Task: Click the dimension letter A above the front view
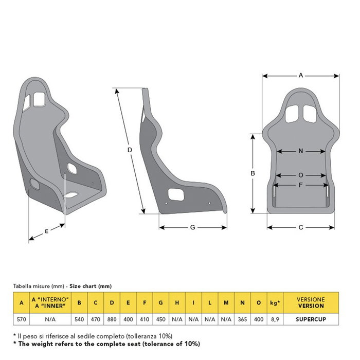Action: point(301,75)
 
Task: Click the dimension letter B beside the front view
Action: point(253,174)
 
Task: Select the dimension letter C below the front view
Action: point(301,227)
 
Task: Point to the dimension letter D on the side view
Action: point(130,150)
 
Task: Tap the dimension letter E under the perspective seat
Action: point(46,231)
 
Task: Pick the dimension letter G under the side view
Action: point(192,227)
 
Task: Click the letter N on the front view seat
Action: point(301,151)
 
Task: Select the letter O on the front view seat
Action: point(301,175)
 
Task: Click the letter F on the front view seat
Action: point(301,184)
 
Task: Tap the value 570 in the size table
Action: point(21,319)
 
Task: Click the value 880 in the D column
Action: point(112,319)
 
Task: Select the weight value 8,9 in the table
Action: point(275,319)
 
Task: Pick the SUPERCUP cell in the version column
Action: point(311,319)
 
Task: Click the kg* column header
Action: point(275,302)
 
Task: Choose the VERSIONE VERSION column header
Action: point(311,302)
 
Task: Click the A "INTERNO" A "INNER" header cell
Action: point(50,302)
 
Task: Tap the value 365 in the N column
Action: point(242,319)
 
